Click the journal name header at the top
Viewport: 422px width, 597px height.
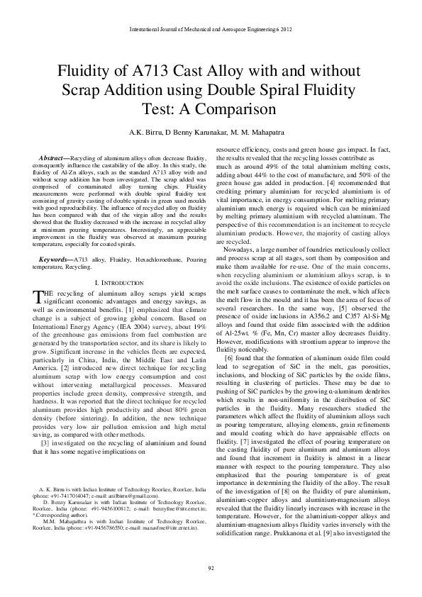click(211, 30)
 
